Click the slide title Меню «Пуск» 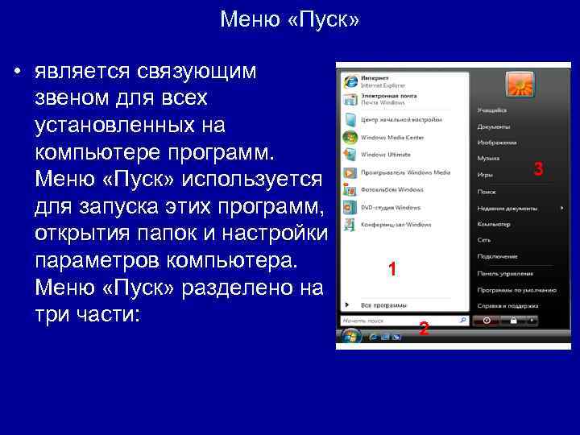(290, 19)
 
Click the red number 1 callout (391, 270)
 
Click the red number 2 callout (424, 329)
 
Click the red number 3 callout (539, 168)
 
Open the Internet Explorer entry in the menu (379, 81)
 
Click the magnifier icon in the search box (462, 320)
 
